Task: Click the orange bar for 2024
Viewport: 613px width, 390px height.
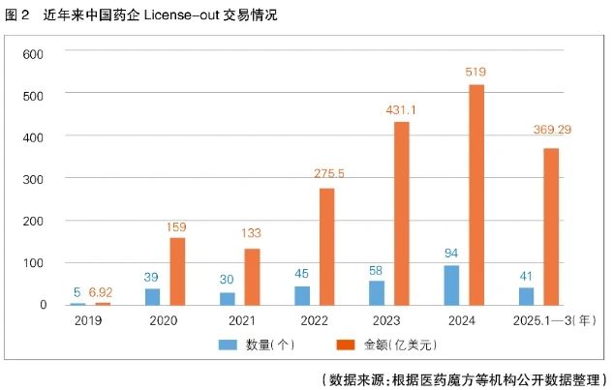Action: tap(476, 195)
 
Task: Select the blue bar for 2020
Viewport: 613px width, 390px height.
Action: tap(153, 296)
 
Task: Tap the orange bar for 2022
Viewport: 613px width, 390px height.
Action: tap(326, 246)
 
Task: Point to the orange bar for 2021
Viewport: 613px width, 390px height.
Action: tap(252, 276)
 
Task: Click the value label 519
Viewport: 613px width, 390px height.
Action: tap(475, 72)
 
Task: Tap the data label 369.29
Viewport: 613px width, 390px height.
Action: tap(551, 130)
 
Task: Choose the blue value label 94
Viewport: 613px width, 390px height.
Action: tap(451, 254)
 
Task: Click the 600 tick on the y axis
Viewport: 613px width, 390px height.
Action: tap(35, 53)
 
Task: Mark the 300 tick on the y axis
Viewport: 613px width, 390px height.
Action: tap(35, 179)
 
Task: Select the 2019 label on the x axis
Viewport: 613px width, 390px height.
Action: tap(88, 319)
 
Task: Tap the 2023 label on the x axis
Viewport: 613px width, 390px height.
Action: tap(386, 319)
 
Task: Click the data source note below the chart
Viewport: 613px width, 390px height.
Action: tap(462, 376)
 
